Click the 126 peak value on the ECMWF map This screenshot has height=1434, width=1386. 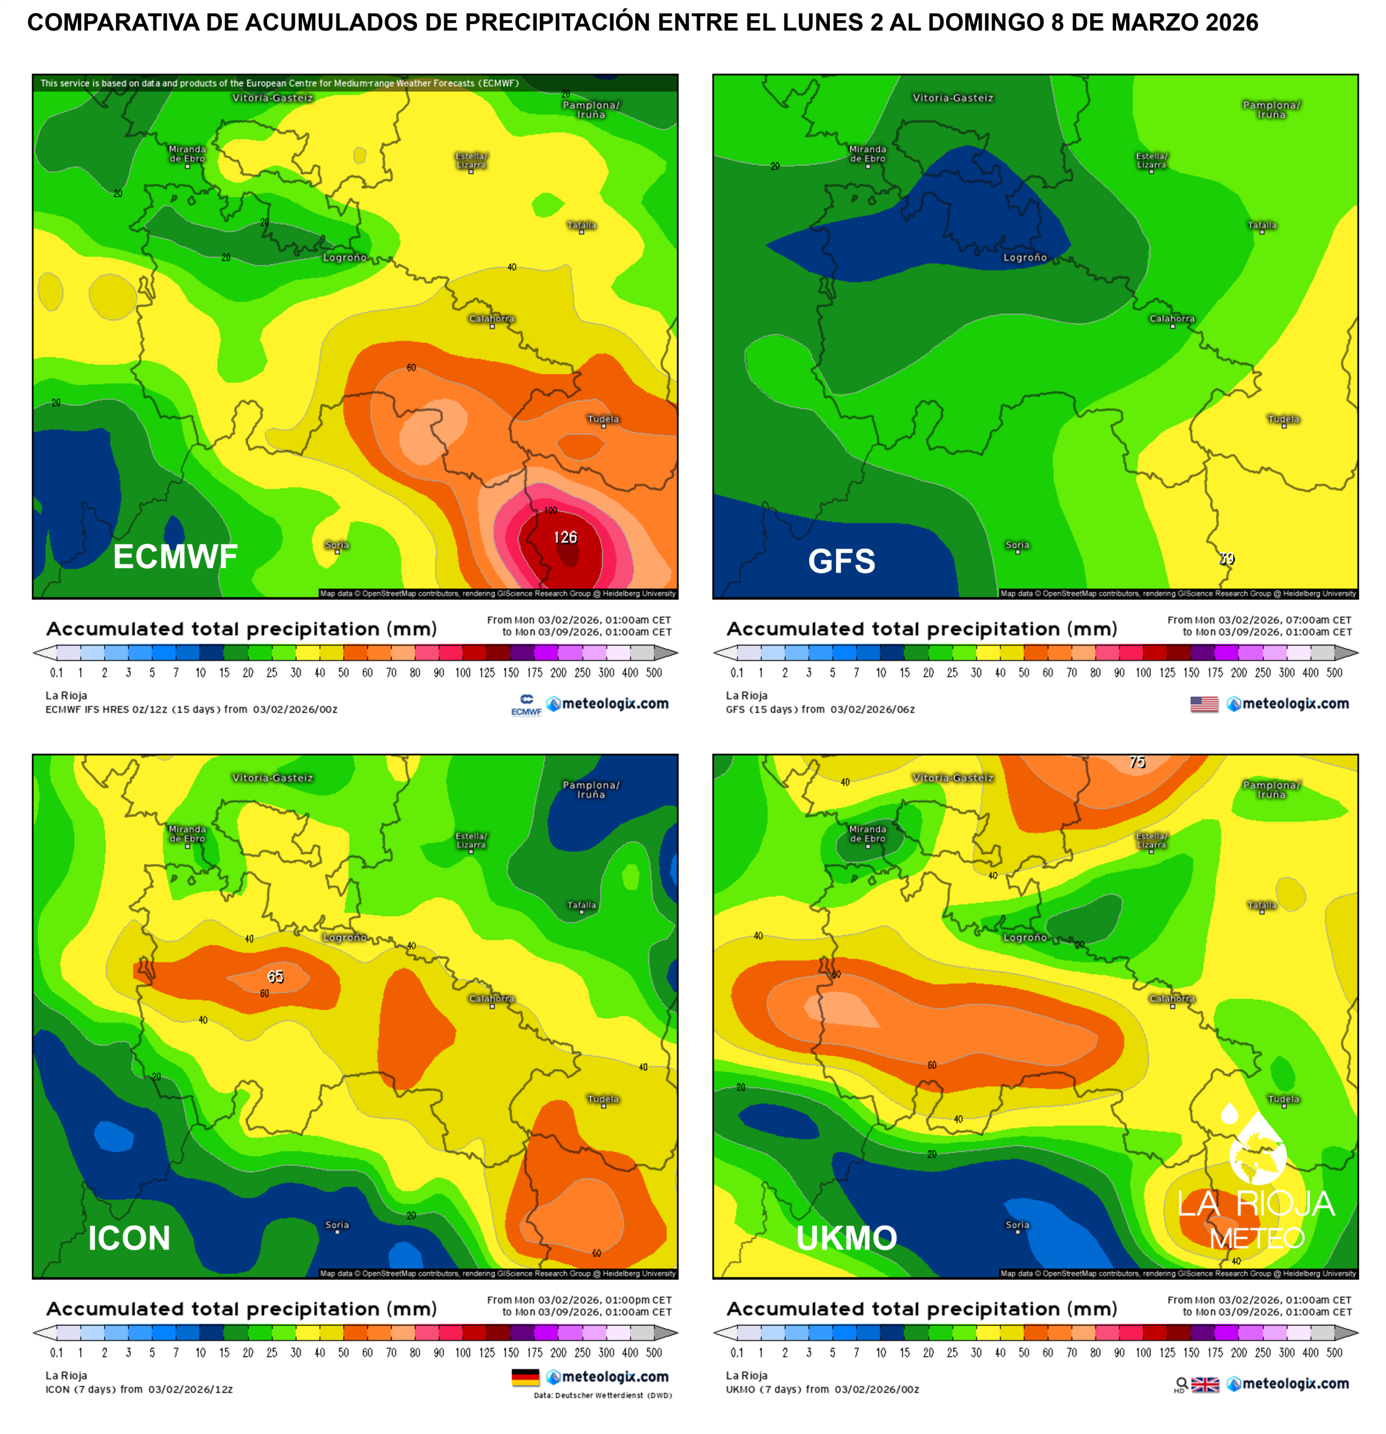pyautogui.click(x=564, y=538)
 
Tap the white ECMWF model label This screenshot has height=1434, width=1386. pyautogui.click(x=175, y=557)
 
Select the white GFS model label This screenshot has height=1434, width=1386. pyautogui.click(x=841, y=561)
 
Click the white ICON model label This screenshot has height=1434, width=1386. pyautogui.click(x=129, y=1238)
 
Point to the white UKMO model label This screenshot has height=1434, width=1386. pyautogui.click(x=846, y=1238)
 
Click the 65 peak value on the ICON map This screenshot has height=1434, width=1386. pyautogui.click(x=275, y=977)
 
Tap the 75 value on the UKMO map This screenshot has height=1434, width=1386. pyautogui.click(x=1137, y=762)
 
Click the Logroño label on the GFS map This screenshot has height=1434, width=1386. pyautogui.click(x=1025, y=258)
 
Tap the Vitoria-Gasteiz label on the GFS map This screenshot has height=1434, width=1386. pyautogui.click(x=953, y=98)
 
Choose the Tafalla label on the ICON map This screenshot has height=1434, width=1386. pyautogui.click(x=581, y=905)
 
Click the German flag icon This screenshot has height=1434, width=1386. pyautogui.click(x=525, y=1377)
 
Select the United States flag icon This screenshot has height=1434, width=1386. pyautogui.click(x=1204, y=704)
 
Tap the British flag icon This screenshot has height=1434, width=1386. pyautogui.click(x=1205, y=1384)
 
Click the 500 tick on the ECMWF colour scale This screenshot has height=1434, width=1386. pyautogui.click(x=654, y=672)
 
